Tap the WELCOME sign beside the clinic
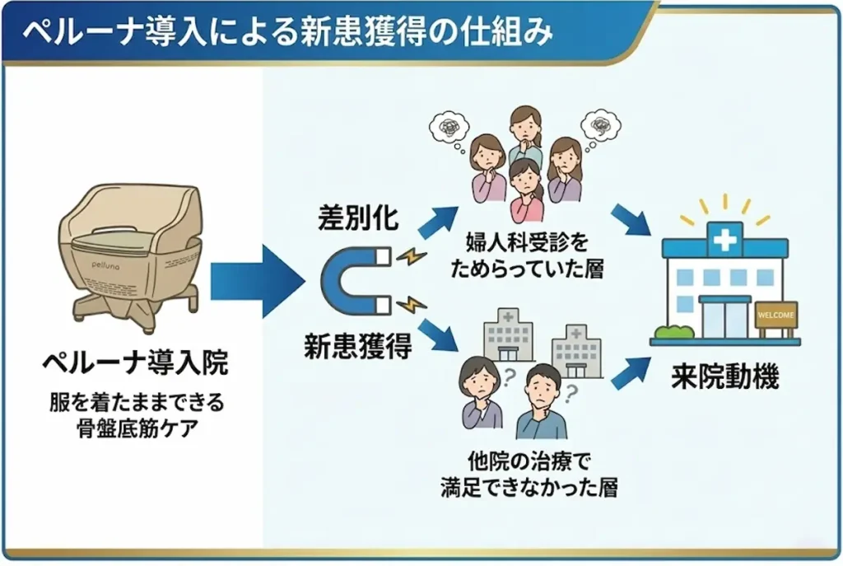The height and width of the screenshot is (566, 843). coord(776,316)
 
